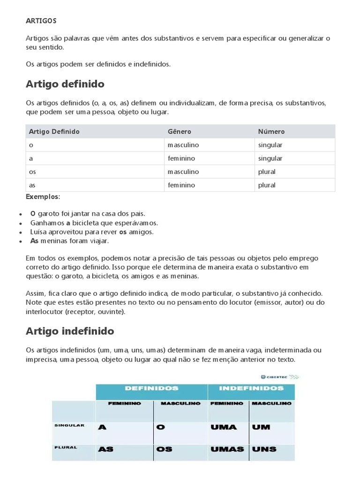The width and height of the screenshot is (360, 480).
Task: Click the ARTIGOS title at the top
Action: (41, 21)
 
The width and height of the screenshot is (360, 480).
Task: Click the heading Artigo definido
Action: (65, 84)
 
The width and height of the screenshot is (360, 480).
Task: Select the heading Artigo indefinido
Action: (69, 331)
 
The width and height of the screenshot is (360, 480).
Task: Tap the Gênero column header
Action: (180, 132)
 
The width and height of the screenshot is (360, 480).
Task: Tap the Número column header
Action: (271, 132)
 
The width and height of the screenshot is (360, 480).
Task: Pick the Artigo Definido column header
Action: (54, 132)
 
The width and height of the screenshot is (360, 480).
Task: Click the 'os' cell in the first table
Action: (32, 172)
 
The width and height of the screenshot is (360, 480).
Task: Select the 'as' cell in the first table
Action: (32, 185)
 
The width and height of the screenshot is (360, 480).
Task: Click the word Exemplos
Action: (43, 196)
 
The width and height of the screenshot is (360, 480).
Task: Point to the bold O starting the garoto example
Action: (33, 214)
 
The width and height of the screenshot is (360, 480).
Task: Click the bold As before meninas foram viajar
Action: (34, 241)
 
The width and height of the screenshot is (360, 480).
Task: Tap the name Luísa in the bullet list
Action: (39, 232)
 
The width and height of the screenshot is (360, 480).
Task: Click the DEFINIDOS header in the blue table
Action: (151, 389)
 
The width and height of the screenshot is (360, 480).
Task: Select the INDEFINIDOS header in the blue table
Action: (251, 389)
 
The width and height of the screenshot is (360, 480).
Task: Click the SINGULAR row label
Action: (69, 425)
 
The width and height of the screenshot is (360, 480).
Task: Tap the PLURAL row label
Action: (66, 447)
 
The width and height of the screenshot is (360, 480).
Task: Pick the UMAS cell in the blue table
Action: (227, 449)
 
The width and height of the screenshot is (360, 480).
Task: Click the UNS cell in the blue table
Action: (264, 449)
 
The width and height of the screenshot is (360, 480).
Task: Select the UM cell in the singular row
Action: (261, 427)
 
